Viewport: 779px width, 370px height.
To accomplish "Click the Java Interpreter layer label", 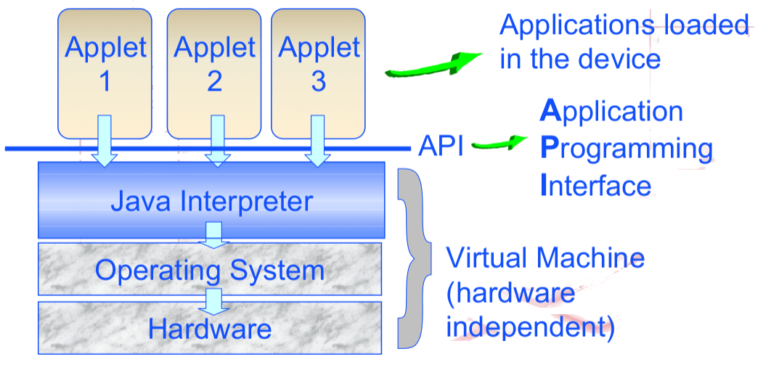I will click(211, 200).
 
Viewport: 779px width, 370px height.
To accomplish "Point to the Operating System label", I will click(210, 271).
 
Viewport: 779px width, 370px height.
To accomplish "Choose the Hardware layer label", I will click(210, 329).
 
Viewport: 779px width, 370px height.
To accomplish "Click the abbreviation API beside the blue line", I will click(441, 147).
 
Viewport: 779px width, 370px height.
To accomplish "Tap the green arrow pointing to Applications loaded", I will click(433, 65).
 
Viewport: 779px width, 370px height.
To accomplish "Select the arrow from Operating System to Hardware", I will click(213, 299).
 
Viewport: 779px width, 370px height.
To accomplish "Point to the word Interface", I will click(596, 185).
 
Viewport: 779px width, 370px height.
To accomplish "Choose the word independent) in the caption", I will click(531, 327).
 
